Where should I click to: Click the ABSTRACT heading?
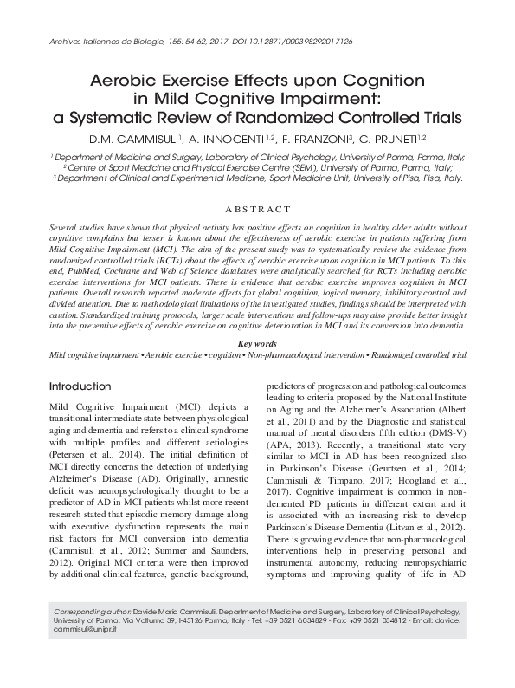[x=257, y=210]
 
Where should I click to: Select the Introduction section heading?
[x=80, y=386]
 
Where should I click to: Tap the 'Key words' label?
[x=257, y=344]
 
